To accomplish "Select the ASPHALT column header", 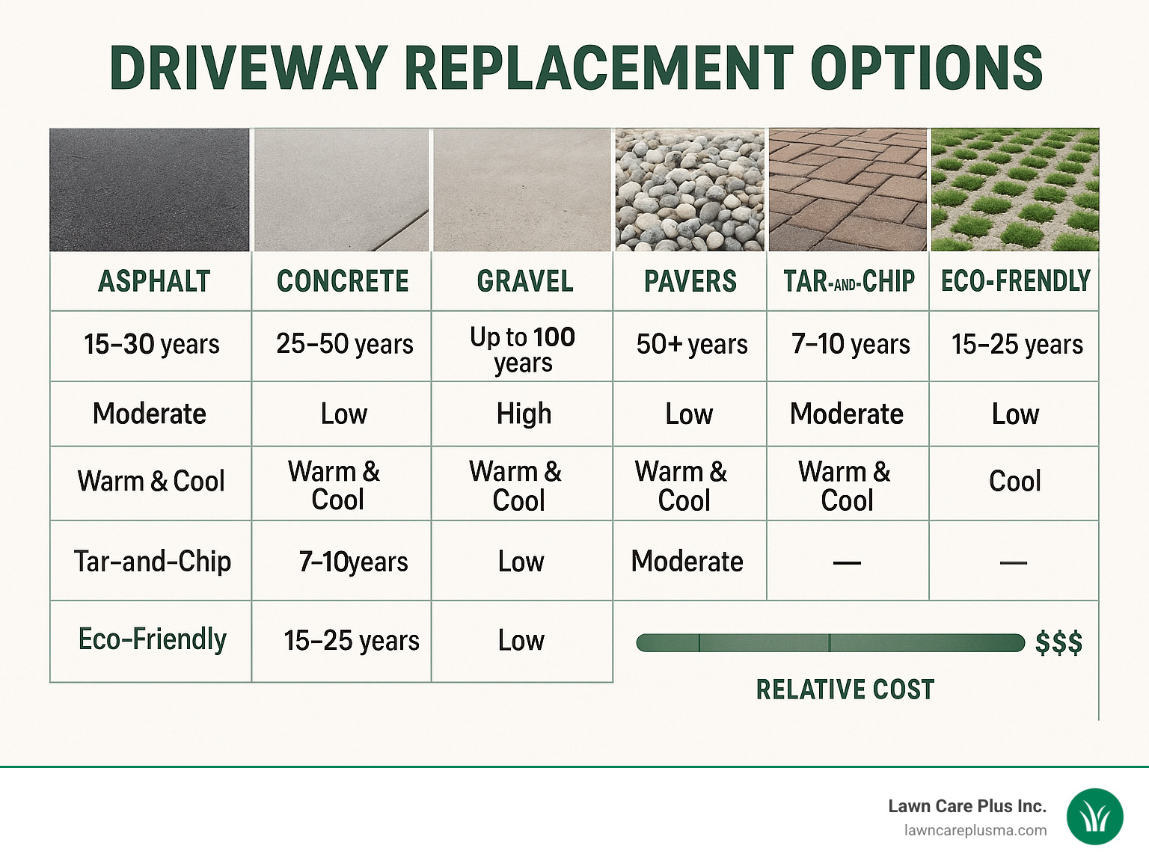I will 154,282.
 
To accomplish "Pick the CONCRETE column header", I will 343,282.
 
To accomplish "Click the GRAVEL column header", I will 525,282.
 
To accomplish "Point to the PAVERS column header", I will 690,282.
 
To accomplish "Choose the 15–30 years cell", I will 152,345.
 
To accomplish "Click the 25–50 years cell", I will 344,345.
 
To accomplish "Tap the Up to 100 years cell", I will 523,349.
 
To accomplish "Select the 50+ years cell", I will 692,345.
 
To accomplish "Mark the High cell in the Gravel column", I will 524,414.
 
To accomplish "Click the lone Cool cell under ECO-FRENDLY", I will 1014,482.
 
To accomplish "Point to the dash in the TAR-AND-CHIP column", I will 847,562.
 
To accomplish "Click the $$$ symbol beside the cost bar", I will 1058,643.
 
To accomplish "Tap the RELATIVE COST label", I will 845,690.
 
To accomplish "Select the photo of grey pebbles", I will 690,190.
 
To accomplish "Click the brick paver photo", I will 848,190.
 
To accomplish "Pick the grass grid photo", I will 1014,190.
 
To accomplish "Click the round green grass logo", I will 1094,817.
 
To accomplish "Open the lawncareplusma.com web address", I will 975,831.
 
